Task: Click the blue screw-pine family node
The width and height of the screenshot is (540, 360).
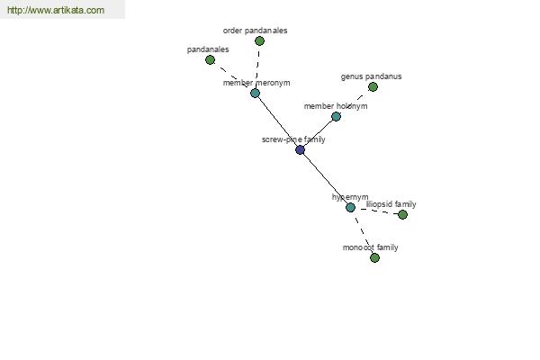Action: pos(300,150)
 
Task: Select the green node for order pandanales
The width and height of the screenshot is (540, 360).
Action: pos(259,41)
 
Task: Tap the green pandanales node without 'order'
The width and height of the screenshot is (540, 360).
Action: pos(210,60)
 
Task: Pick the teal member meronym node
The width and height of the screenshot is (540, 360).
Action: pos(255,93)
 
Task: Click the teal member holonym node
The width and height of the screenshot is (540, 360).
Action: pos(336,116)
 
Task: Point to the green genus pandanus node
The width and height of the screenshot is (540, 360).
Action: pos(373,86)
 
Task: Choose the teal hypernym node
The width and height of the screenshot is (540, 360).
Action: pos(350,207)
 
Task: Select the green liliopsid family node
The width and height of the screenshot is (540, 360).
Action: pos(402,214)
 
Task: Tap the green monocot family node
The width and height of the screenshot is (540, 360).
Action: pos(374,257)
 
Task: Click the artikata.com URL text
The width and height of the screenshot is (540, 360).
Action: pos(56,10)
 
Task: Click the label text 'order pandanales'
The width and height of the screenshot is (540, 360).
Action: pos(255,31)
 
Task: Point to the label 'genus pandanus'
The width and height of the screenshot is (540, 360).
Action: pos(371,76)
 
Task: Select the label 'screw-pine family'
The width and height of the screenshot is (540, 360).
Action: pos(293,139)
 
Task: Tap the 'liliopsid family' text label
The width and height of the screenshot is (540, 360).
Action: pos(391,204)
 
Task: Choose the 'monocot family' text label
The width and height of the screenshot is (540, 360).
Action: pos(370,247)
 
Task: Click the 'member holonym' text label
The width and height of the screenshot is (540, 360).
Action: pos(336,106)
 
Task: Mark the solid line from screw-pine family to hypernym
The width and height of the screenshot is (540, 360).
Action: pos(325,179)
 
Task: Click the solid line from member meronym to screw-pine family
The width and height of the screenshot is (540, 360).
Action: pos(277,121)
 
